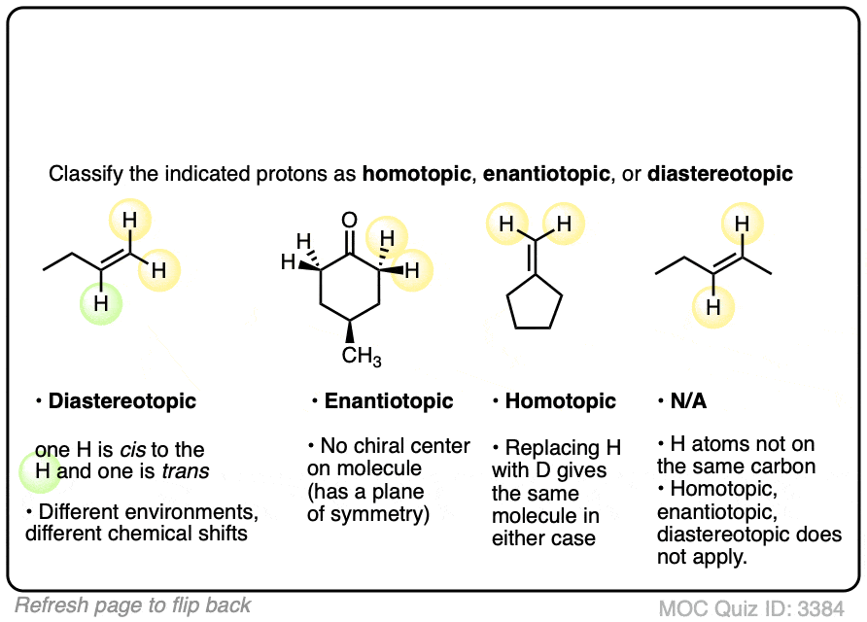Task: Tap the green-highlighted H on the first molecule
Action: tap(100, 303)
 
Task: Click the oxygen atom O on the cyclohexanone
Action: tap(350, 221)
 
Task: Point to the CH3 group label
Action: tap(362, 357)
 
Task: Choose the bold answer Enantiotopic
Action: tap(389, 401)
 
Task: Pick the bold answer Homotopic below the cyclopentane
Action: tap(560, 401)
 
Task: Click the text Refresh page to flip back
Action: tap(133, 605)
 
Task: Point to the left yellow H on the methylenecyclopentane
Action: tap(505, 225)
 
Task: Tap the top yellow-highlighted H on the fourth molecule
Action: tap(743, 225)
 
